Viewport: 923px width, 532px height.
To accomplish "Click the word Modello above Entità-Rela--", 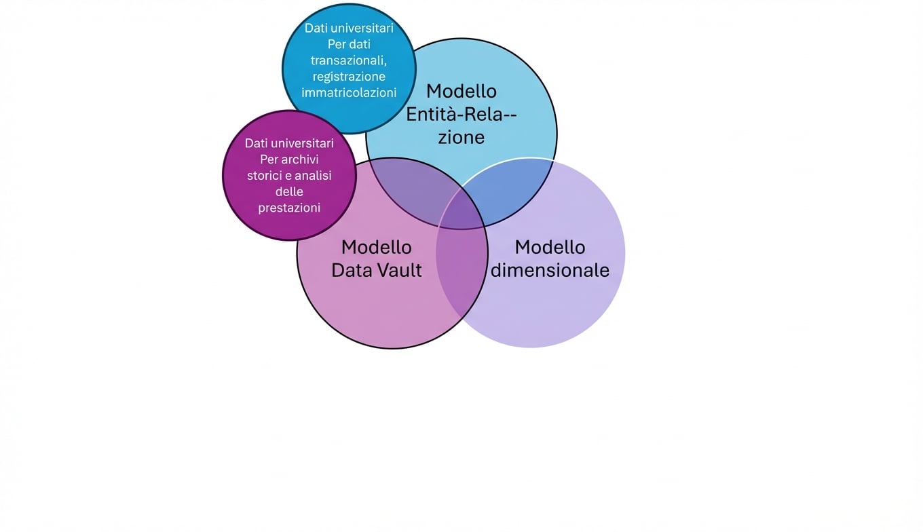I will pyautogui.click(x=461, y=91).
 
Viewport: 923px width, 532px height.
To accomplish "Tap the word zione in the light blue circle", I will pyautogui.click(x=461, y=137).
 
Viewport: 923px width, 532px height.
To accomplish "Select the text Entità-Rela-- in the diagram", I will pyautogui.click(x=461, y=114).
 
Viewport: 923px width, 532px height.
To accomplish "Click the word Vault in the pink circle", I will pyautogui.click(x=398, y=270).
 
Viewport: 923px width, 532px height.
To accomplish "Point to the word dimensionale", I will pyautogui.click(x=550, y=270).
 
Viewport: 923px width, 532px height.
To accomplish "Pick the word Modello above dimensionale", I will pyautogui.click(x=550, y=247).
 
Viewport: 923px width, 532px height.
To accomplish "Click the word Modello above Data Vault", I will pyautogui.click(x=377, y=247).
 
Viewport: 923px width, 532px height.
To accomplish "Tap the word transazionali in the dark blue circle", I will pyautogui.click(x=347, y=60).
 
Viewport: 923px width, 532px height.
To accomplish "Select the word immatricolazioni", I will pyautogui.click(x=349, y=92).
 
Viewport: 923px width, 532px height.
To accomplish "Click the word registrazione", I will pyautogui.click(x=349, y=76).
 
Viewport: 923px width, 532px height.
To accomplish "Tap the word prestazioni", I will pyautogui.click(x=289, y=208).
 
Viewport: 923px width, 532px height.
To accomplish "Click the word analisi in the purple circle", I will pyautogui.click(x=312, y=176).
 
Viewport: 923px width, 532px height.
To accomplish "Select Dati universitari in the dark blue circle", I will pyautogui.click(x=349, y=28).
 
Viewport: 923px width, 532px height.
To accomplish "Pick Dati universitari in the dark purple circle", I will pyautogui.click(x=289, y=143).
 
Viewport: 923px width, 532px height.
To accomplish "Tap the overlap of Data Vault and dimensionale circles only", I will pyautogui.click(x=461, y=271).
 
